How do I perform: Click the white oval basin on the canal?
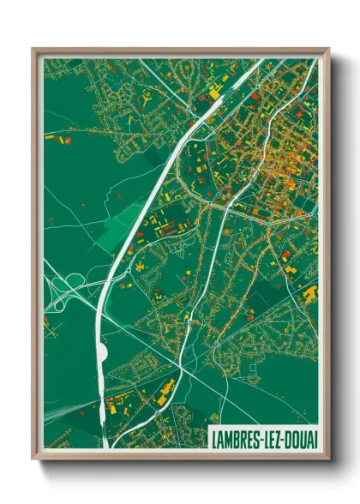(104, 351)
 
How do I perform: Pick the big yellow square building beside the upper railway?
(211, 90)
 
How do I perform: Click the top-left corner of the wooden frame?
(33, 49)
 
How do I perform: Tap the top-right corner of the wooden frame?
(328, 49)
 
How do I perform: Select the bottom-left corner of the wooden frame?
(33, 460)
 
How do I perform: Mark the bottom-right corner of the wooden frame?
(328, 460)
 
